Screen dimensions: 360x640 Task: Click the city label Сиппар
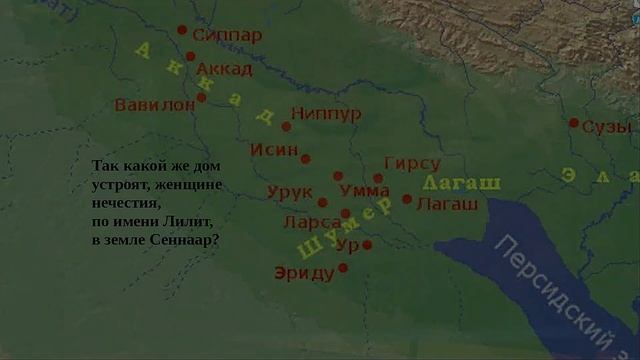pos(227,36)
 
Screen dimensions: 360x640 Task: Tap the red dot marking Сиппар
pos(182,30)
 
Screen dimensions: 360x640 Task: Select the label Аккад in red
pos(225,69)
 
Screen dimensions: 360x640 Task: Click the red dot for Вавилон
pos(201,98)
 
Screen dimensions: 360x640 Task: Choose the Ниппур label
pos(326,114)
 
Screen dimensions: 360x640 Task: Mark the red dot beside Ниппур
pos(286,127)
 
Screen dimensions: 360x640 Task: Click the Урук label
pos(291,191)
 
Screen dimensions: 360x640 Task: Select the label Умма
pos(358,189)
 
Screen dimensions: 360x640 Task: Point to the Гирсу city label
pos(412,164)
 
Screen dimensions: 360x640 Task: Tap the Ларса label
pos(310,220)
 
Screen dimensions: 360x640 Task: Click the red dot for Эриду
pos(343,267)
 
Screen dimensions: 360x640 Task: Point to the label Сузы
pos(607,127)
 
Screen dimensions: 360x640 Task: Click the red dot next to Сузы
pos(574,123)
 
